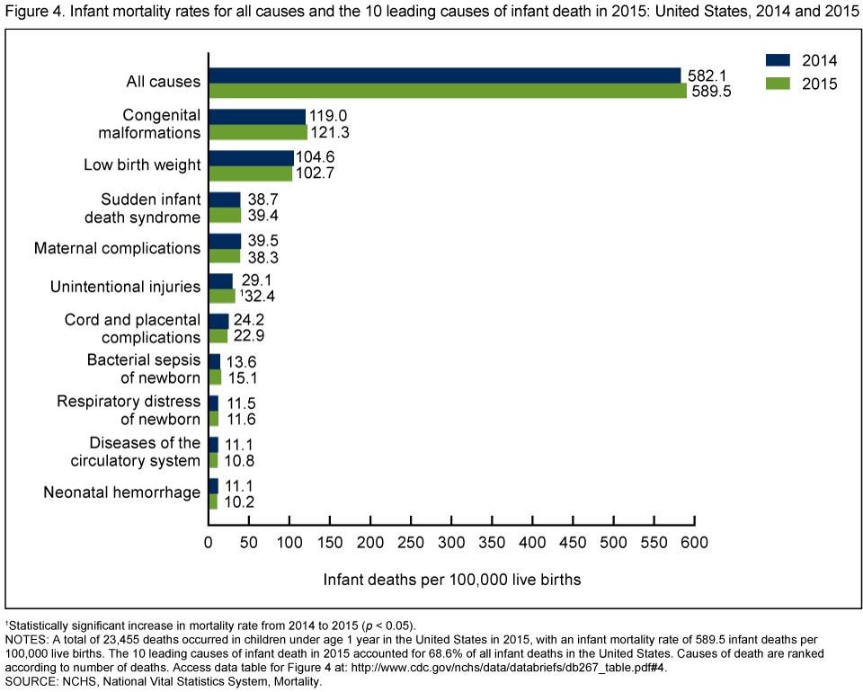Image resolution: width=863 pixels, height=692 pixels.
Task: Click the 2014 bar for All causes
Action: point(444,75)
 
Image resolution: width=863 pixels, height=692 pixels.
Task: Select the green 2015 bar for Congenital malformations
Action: point(257,132)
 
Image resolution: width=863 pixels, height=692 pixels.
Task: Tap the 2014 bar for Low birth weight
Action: point(251,158)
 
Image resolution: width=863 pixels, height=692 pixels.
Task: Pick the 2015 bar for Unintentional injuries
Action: point(221,296)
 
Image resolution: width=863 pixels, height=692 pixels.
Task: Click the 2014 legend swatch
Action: point(778,61)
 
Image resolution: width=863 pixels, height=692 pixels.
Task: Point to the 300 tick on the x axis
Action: point(451,543)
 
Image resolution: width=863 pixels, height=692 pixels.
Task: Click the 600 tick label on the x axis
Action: point(694,543)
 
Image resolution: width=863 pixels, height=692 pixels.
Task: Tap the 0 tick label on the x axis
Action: point(209,543)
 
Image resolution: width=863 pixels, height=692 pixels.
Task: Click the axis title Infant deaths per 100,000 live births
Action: point(452,580)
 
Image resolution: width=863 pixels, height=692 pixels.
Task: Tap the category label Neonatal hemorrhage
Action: point(122,492)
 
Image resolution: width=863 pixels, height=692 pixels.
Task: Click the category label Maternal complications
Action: point(117,247)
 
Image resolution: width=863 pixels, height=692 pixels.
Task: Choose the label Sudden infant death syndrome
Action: point(150,208)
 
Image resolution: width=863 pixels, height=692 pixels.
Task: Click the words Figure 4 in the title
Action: point(32,12)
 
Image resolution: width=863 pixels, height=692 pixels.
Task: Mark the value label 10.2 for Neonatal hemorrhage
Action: point(238,501)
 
